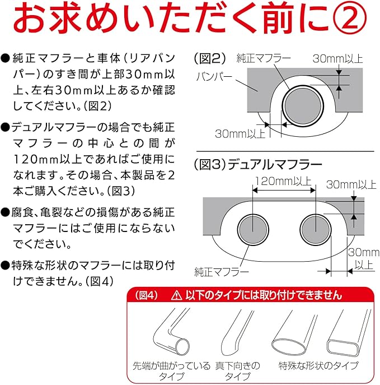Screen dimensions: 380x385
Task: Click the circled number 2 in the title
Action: pos(350,18)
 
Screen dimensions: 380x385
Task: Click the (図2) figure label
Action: pos(210,59)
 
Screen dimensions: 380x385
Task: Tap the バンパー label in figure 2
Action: pos(214,77)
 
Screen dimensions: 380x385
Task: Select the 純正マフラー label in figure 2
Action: pos(263,58)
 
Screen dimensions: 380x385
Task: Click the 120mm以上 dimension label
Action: pos(283,182)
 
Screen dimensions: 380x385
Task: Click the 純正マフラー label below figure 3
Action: pos(222,272)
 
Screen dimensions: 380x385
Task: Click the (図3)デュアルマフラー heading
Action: pos(258,165)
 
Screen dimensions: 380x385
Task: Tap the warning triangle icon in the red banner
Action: pos(176,295)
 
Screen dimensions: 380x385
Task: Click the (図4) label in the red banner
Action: pos(147,295)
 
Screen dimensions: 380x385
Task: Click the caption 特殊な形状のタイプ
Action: pos(318,365)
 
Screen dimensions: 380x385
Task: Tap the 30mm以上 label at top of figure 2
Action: pos(338,59)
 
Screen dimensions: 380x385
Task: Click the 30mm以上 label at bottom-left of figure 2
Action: pos(240,134)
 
